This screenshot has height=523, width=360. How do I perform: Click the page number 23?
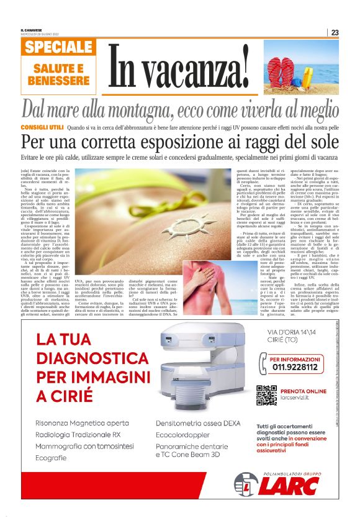[x=335, y=33]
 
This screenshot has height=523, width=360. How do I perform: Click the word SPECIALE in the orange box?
[x=60, y=48]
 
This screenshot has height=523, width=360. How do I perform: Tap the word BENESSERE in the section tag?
[x=59, y=81]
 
